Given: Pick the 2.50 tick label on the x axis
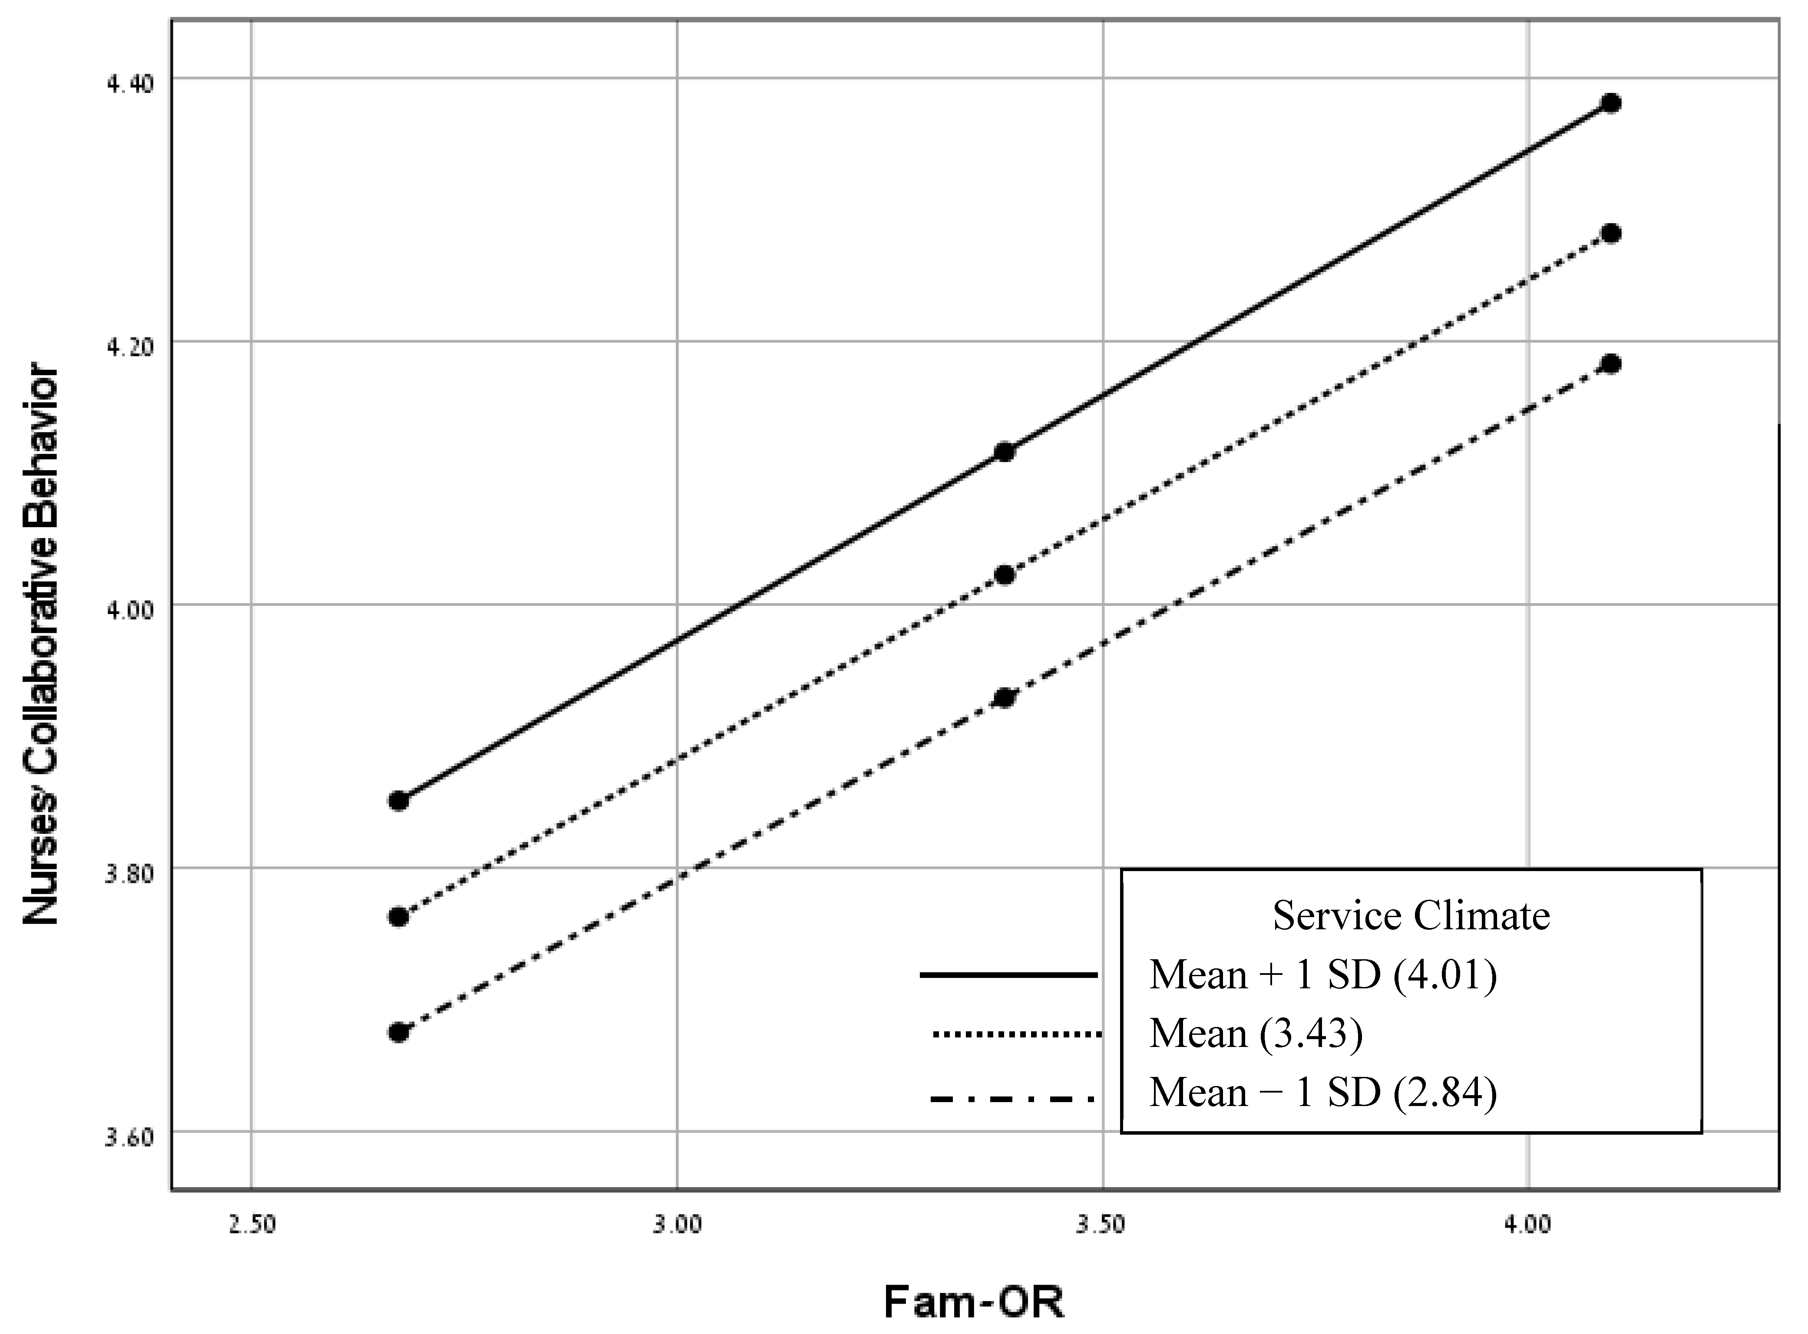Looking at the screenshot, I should click(x=252, y=1225).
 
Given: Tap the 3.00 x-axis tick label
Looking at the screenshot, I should click(x=677, y=1225).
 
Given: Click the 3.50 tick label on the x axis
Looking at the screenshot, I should click(x=1101, y=1225).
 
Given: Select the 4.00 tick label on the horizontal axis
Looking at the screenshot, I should click(x=1528, y=1225).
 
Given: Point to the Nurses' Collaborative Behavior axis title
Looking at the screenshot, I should click(x=40, y=646).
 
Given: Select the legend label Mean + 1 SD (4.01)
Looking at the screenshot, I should click(x=1323, y=974).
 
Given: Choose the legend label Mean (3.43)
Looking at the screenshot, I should click(x=1256, y=1034).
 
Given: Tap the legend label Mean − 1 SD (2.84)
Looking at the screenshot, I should click(x=1323, y=1093).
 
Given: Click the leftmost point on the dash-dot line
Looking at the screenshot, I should click(x=398, y=1032).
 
